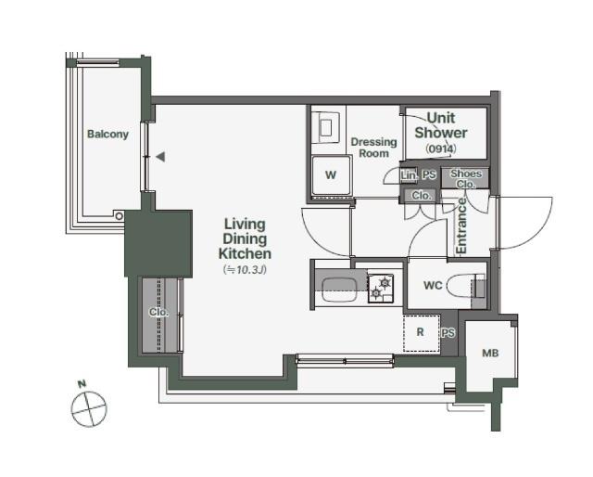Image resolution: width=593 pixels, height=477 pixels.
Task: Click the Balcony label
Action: [107, 135]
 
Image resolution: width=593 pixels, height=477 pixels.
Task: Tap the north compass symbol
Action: [89, 409]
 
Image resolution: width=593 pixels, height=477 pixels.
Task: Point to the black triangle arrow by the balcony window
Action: [160, 157]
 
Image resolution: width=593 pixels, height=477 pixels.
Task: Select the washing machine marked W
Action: [332, 175]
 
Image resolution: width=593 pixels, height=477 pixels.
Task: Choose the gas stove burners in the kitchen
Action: [381, 288]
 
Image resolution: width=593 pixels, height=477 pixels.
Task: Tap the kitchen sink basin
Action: [340, 290]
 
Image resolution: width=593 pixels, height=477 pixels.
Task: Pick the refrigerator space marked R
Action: [421, 332]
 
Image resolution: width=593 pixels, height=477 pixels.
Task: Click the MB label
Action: [490, 353]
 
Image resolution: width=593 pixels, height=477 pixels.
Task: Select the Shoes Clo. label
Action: [466, 179]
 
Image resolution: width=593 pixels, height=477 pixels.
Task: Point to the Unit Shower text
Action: [441, 125]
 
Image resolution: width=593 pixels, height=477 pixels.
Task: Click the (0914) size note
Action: [441, 148]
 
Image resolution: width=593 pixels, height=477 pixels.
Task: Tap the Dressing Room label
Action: [373, 148]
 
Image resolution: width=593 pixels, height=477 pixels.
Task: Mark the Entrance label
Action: [461, 226]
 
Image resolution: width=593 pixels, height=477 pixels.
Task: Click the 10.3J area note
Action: [245, 270]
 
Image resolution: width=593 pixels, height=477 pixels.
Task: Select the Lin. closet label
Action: [409, 175]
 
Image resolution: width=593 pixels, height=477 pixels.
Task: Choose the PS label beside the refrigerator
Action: [448, 333]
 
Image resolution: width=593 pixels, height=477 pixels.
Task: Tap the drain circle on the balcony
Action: [120, 216]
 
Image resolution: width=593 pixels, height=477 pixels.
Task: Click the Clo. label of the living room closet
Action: [158, 312]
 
